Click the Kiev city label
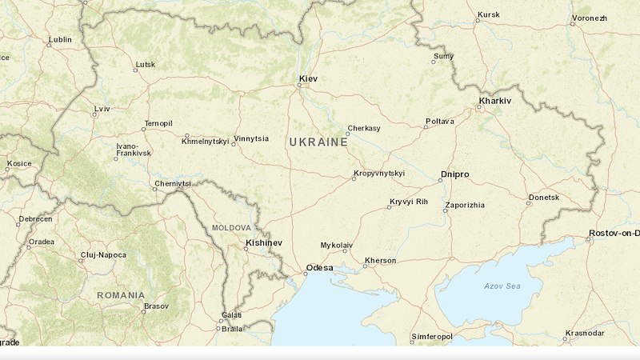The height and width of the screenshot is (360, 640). pos(307,78)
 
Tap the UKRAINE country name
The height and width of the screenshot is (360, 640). pos(318,142)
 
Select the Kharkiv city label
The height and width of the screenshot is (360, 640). pos(494,102)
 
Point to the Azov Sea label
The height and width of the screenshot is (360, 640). pos(502,286)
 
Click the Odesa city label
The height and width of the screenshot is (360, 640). pos(319,267)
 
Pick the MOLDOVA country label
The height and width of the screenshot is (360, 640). pos(231,228)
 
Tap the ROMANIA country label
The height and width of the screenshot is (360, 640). pos(121,295)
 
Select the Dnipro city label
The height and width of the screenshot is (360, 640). pos(454,174)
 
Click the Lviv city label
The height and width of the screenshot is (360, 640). pos(102,108)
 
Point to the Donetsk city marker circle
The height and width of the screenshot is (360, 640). pos(528,203)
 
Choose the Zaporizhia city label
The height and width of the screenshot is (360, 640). pos(464,205)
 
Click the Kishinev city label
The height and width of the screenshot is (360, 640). pos(264,242)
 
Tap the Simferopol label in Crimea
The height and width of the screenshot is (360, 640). pos(432,337)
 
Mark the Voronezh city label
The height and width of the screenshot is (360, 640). pos(589,17)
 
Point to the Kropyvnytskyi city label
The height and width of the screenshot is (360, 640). pos(378,173)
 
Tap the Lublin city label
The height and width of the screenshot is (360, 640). pos(59,39)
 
